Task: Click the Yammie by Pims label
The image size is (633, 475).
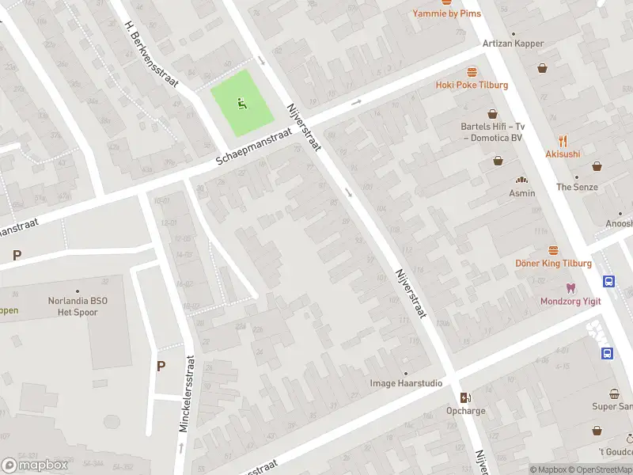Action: coord(446,13)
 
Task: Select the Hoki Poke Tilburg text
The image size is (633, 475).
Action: coord(472,85)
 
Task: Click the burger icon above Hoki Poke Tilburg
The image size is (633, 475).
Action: coord(472,71)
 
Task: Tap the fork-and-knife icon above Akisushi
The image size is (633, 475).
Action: coord(563,141)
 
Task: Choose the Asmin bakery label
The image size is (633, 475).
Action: coord(521,193)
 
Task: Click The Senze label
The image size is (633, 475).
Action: coord(577,187)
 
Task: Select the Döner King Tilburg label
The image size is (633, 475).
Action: coord(553,263)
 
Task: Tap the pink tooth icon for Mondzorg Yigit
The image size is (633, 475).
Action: coord(569,287)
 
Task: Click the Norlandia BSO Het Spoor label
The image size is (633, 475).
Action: coord(78,306)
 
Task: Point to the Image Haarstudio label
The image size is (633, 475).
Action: coord(406,383)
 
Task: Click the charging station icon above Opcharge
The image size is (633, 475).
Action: coord(466,397)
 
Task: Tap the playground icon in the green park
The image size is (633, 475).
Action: coord(241,103)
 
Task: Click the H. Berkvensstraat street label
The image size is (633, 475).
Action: coord(152,53)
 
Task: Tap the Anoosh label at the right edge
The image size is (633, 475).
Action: coord(619,223)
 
